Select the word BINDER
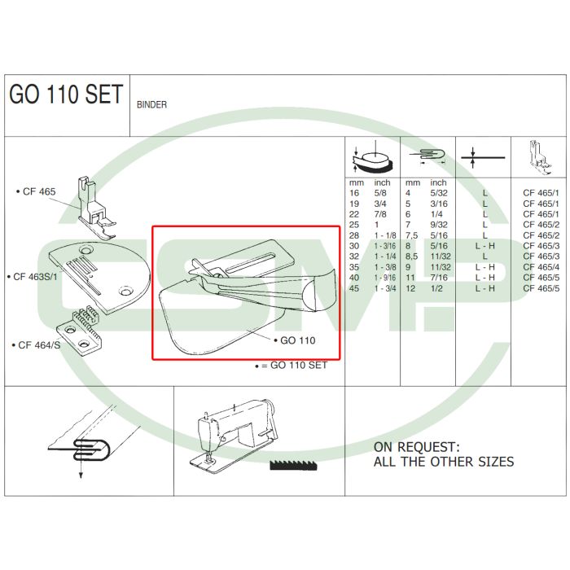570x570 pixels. click(x=152, y=105)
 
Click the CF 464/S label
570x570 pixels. click(x=33, y=345)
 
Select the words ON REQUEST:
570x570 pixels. click(x=416, y=447)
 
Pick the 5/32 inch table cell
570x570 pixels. click(x=438, y=193)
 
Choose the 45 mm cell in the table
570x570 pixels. click(x=354, y=288)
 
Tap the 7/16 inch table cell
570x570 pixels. click(x=438, y=278)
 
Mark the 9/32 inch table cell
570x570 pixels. click(x=438, y=224)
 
